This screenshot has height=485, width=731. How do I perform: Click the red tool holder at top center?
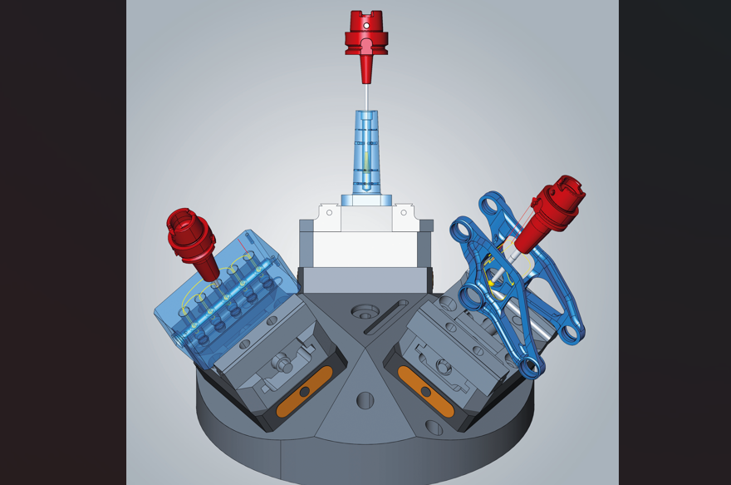(366, 37)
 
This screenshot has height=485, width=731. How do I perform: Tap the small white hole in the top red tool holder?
(366, 26)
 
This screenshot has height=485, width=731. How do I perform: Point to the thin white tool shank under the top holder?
(366, 97)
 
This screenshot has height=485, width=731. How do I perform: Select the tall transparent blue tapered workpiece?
(366, 154)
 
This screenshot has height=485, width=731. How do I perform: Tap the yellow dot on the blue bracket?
(491, 284)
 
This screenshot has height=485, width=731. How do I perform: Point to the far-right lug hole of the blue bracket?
(573, 334)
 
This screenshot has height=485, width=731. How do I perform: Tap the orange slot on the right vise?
(425, 392)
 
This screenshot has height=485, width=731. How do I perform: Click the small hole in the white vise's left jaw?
(330, 213)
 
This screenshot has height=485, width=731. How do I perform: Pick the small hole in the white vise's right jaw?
(404, 213)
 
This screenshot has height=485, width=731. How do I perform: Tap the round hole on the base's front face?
(365, 400)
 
